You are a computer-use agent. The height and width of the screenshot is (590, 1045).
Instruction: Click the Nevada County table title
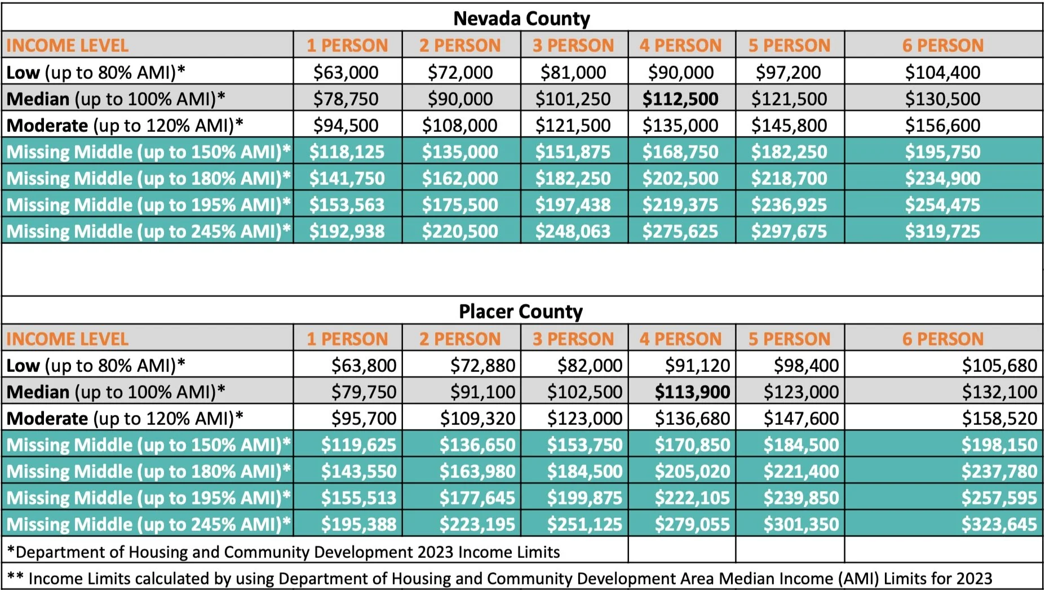[521, 19]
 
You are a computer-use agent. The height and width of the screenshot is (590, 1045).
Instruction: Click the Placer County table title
[520, 312]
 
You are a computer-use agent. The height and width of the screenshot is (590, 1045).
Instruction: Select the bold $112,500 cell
[680, 99]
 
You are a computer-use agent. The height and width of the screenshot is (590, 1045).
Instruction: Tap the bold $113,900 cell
[692, 392]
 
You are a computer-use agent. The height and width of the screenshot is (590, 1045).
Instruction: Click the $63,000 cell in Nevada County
[346, 73]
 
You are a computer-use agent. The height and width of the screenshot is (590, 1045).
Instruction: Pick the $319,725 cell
[942, 232]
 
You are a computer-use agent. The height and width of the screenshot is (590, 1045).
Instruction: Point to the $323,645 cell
[999, 525]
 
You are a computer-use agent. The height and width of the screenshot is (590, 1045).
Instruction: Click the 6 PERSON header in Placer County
[942, 339]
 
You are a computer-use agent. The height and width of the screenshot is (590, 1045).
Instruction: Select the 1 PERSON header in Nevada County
[347, 46]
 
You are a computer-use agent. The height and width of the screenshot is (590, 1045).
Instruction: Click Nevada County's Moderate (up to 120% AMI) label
[125, 126]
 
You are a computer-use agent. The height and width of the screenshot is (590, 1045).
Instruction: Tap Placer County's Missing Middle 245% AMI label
[148, 525]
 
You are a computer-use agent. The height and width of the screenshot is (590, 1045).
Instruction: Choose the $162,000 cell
[460, 179]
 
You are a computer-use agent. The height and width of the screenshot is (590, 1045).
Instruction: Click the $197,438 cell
[573, 205]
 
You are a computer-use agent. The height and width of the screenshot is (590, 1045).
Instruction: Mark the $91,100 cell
[482, 392]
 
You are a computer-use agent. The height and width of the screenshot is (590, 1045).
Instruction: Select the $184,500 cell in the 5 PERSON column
[801, 445]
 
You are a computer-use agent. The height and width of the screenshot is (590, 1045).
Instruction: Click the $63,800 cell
[364, 366]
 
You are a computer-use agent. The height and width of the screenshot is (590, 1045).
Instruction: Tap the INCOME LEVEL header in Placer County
[67, 339]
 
